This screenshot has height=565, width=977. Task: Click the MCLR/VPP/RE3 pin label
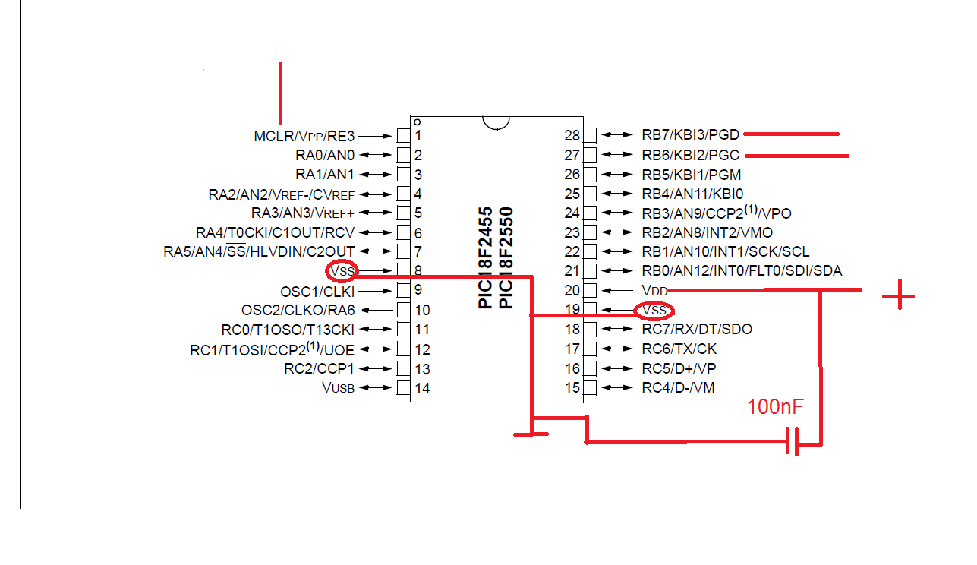[304, 136]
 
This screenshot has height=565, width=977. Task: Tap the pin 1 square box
[403, 135]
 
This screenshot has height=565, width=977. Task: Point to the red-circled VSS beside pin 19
[654, 310]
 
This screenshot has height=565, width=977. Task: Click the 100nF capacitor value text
[775, 408]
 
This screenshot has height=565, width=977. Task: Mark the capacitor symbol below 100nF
[793, 441]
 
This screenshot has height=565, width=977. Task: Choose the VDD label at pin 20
[654, 290]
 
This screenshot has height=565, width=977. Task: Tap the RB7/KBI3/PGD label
[690, 135]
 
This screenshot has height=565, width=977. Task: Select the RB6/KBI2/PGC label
[690, 155]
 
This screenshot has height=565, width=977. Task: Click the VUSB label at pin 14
[338, 388]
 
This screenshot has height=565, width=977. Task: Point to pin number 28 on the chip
[572, 135]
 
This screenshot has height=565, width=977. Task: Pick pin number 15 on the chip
[572, 388]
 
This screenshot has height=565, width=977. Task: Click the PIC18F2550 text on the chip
[506, 257]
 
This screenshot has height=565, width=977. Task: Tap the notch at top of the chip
[495, 122]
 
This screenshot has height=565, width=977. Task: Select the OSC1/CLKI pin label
[317, 291]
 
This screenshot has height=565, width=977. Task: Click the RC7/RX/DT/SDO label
[697, 330]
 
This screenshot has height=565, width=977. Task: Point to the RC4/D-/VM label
[678, 388]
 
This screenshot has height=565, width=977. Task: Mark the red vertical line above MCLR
[281, 93]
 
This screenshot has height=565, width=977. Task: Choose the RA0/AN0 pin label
[325, 155]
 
